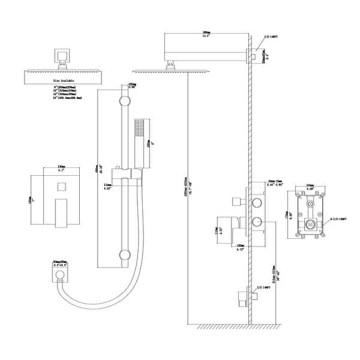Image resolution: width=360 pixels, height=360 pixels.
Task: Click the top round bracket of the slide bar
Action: tap(125, 100)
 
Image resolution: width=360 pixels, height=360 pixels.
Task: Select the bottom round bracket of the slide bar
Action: tap(125, 254)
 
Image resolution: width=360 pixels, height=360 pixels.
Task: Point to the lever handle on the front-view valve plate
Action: tap(62, 214)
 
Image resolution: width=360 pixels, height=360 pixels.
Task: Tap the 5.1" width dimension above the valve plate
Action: tap(61, 169)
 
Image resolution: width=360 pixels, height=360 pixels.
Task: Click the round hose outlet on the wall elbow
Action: tap(60, 276)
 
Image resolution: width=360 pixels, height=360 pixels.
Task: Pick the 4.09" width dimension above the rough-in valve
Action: tap(311, 187)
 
